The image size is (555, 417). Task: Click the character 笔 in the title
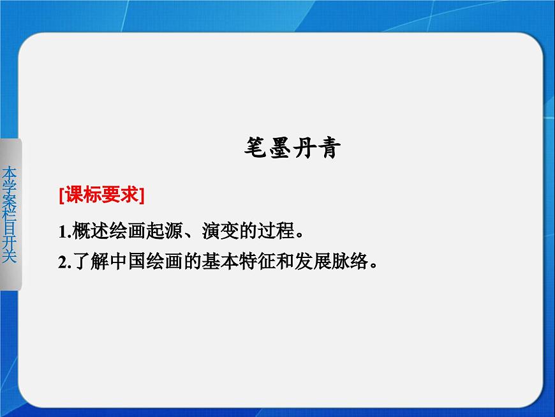258,149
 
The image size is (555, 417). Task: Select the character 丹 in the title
305,149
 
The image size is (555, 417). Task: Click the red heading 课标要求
101,195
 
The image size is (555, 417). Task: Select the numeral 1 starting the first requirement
62,231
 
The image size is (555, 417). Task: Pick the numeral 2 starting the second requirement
62,262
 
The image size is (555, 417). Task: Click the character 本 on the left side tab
10,173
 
